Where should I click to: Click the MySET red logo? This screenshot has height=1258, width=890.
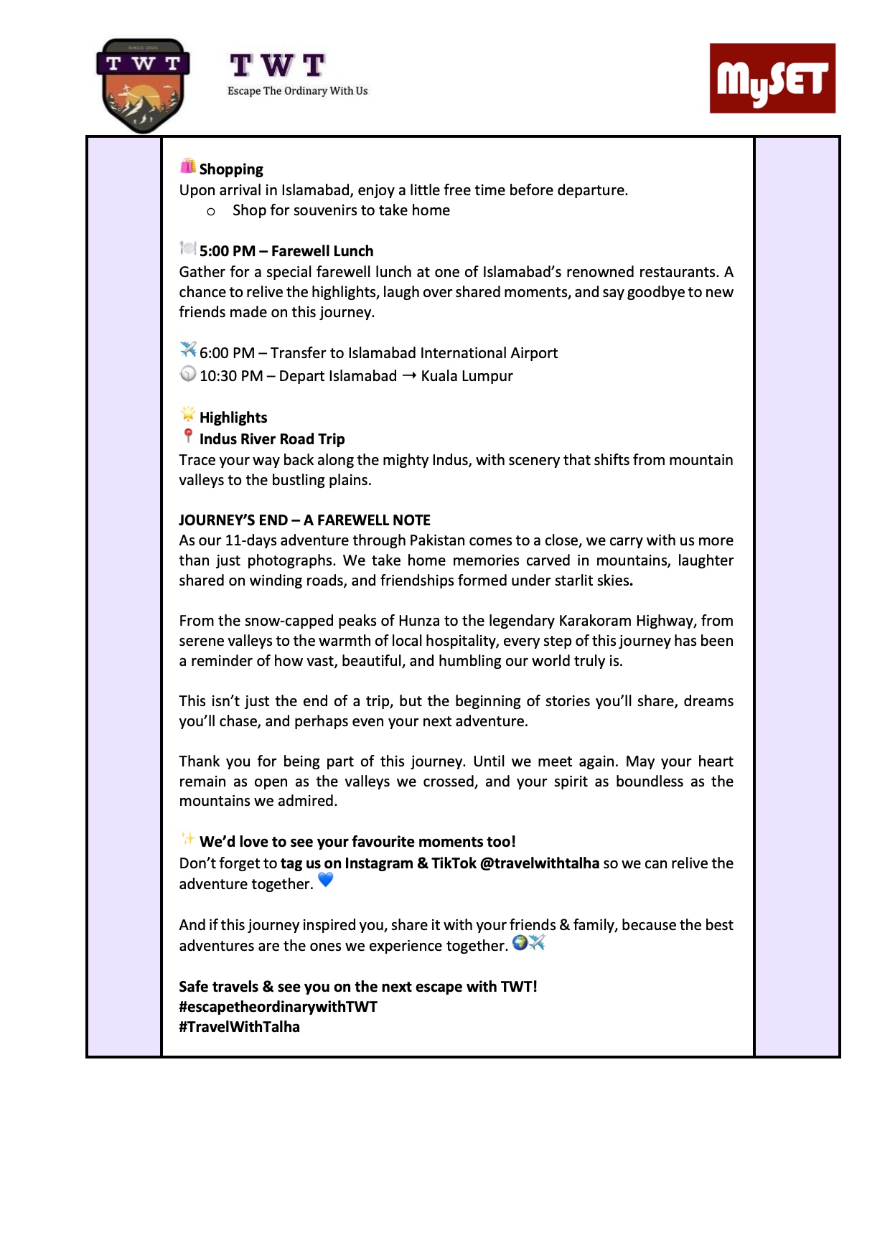point(772,78)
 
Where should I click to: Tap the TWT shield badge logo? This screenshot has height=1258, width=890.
point(143,85)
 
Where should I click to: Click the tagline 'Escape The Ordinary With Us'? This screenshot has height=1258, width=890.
point(297,91)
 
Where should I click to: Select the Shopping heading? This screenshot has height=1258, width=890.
point(231,169)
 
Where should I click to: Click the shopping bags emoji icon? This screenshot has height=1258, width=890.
point(188,166)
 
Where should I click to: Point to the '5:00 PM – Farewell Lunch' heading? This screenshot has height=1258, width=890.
point(286,251)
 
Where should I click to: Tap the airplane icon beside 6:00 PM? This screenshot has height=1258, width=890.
point(188,349)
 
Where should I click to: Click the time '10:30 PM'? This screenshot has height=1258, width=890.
point(231,376)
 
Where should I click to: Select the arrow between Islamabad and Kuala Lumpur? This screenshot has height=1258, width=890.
point(409,375)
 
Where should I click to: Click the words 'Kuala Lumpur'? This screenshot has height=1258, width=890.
point(467,376)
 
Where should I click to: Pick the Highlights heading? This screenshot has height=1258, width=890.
point(233,418)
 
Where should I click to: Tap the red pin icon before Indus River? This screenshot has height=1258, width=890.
point(188,436)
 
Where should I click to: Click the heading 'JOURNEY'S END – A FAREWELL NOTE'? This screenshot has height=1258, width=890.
point(305,520)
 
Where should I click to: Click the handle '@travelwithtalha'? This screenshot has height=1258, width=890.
point(539,863)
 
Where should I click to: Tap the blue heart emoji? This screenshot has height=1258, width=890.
point(325,880)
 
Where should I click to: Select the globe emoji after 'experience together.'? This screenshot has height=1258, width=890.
point(520,943)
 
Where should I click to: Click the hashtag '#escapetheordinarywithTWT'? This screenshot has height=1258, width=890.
point(278,1007)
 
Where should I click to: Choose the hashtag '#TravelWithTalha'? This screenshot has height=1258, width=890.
point(240,1027)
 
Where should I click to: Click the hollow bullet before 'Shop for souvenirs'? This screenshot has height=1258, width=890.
point(211,212)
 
